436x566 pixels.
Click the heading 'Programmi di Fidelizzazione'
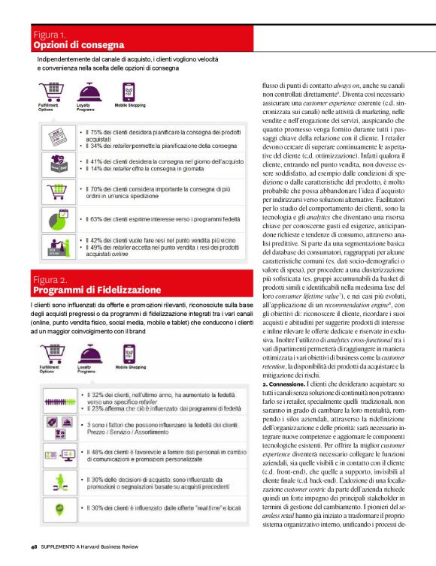[x=96, y=289]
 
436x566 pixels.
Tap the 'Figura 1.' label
[x=50, y=35]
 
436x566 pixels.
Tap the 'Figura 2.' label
[x=51, y=279]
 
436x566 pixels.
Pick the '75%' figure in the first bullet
[x=95, y=133]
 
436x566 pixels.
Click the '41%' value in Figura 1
[x=95, y=161]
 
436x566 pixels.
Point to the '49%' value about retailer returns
[x=95, y=248]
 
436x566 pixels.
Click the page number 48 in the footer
[x=35, y=547]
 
